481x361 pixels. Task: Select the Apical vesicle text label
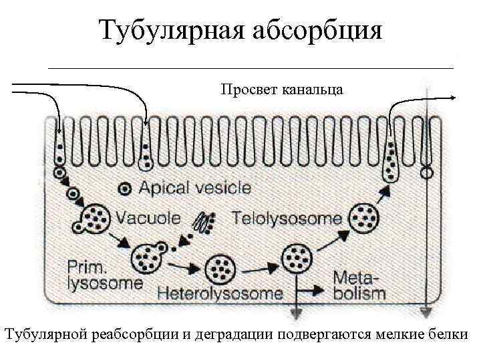pos(194,188)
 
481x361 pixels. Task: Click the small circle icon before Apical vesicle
pos(124,189)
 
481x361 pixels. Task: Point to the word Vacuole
pos(148,218)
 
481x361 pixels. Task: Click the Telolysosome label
pos(287,218)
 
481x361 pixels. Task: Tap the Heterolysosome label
pos(220,293)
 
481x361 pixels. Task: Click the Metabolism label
pos(359,285)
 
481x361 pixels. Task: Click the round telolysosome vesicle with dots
pos(365,218)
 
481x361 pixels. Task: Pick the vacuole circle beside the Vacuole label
pos(96,218)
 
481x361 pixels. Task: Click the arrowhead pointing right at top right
pos(454,98)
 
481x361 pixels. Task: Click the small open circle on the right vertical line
pos(426,173)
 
